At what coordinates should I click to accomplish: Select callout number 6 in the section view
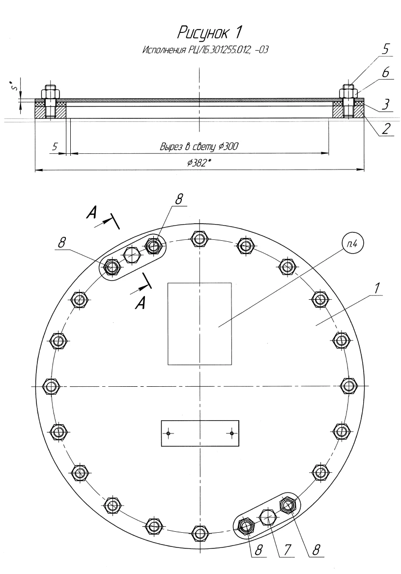coord(386,72)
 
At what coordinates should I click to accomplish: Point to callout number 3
coord(386,104)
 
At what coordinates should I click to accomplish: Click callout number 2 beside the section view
coord(386,129)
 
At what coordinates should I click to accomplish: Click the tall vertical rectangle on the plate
coord(200,324)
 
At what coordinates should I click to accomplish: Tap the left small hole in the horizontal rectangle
coord(169,433)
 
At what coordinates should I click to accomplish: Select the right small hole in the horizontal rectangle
coord(231,433)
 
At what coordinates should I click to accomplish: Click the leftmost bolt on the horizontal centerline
coord(52,386)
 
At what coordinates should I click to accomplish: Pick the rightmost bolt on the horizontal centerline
coord(348,386)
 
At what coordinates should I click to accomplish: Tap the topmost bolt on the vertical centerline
coord(200,239)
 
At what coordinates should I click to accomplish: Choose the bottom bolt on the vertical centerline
coord(200,533)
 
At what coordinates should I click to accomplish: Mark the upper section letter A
coord(91,212)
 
